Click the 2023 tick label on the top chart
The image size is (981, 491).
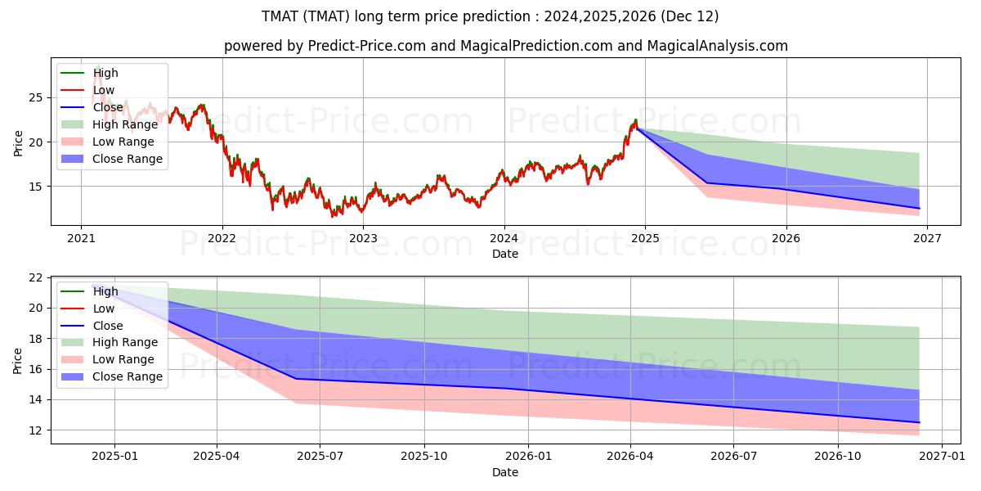pyautogui.click(x=363, y=238)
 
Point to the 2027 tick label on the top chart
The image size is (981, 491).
pyautogui.click(x=928, y=238)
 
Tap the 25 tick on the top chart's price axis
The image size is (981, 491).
pyautogui.click(x=36, y=97)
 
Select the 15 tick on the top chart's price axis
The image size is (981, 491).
pyautogui.click(x=36, y=187)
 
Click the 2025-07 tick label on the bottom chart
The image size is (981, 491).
pyautogui.click(x=320, y=457)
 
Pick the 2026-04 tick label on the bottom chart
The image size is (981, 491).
pyautogui.click(x=630, y=457)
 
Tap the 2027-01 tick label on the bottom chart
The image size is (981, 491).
pyautogui.click(x=942, y=457)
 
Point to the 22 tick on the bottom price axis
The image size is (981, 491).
pyautogui.click(x=36, y=278)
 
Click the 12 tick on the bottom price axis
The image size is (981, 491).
pyautogui.click(x=36, y=430)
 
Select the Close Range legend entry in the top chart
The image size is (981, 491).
pyautogui.click(x=112, y=159)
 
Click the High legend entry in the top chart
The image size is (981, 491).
pyautogui.click(x=90, y=73)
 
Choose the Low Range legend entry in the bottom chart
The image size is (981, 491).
pyautogui.click(x=108, y=359)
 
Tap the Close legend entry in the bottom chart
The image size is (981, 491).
pyautogui.click(x=92, y=326)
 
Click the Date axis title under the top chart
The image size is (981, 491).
pyautogui.click(x=505, y=254)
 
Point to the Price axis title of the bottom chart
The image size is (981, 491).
pyautogui.click(x=17, y=361)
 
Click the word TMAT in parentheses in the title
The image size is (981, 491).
pyautogui.click(x=326, y=16)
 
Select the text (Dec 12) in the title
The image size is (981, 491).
pyautogui.click(x=689, y=16)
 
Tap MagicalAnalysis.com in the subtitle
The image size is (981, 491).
pyautogui.click(x=718, y=46)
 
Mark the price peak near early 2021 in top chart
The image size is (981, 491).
pyautogui.click(x=99, y=66)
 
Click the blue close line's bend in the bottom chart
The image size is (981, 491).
pyautogui.click(x=296, y=379)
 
